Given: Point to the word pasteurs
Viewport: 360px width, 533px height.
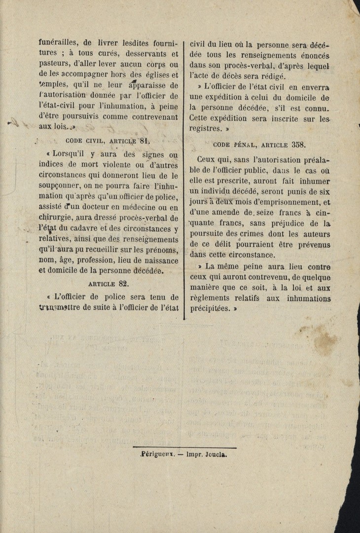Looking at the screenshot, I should (x=53, y=65).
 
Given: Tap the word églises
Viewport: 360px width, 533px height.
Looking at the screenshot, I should (x=155, y=76).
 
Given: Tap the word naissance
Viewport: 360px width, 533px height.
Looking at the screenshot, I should (x=155, y=262).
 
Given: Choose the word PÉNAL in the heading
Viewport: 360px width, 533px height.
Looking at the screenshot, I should (x=240, y=145).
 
